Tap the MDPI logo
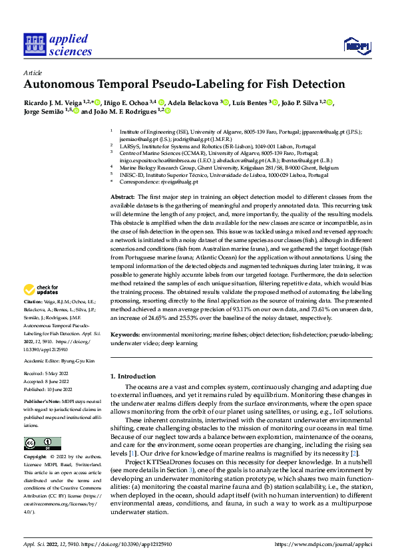click(356, 45)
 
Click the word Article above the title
click(32, 72)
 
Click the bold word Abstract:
click(123, 198)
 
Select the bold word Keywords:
click(125, 337)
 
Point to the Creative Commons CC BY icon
click(43, 444)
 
